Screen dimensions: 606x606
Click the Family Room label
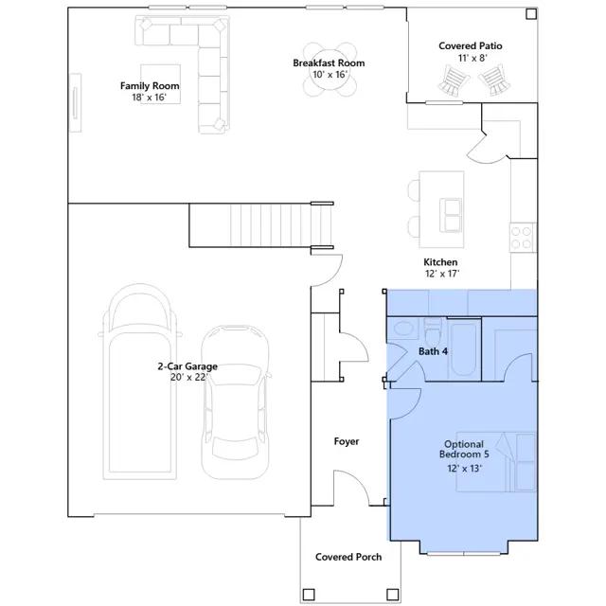[150, 86]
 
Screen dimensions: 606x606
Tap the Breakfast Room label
[329, 63]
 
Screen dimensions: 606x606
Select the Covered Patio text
[471, 46]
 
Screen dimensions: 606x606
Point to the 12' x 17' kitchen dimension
[442, 274]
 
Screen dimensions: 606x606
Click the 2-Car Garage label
[187, 366]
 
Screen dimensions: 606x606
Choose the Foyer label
[347, 441]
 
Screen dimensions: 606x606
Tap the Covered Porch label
[348, 557]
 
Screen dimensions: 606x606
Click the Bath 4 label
[434, 351]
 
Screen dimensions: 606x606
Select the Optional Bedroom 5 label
[464, 449]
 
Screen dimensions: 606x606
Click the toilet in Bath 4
[432, 332]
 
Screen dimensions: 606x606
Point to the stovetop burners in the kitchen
[522, 238]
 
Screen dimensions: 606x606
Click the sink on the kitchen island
[451, 215]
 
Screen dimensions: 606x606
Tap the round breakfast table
[329, 70]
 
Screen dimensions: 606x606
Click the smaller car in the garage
[235, 401]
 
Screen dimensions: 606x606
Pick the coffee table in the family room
[160, 84]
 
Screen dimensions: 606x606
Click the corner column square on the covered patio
[531, 14]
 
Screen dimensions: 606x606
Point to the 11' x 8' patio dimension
[472, 58]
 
